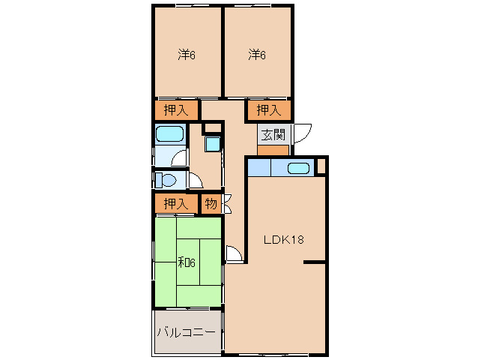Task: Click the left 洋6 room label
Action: tap(187, 55)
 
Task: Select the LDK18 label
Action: tap(282, 240)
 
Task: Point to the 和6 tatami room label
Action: tap(187, 262)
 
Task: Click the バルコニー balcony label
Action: tap(186, 332)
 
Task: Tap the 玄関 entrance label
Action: tap(273, 135)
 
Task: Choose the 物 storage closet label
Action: tap(211, 203)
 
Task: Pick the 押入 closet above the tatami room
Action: tap(177, 203)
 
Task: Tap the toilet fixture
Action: tap(166, 181)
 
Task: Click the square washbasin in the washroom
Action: tap(213, 143)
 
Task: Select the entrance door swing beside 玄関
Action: tap(303, 133)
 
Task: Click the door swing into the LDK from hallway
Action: tap(235, 254)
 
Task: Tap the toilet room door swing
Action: tap(194, 180)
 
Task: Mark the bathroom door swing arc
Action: tap(178, 157)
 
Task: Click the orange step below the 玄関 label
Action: tap(273, 150)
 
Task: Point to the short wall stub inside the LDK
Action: tap(315, 262)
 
